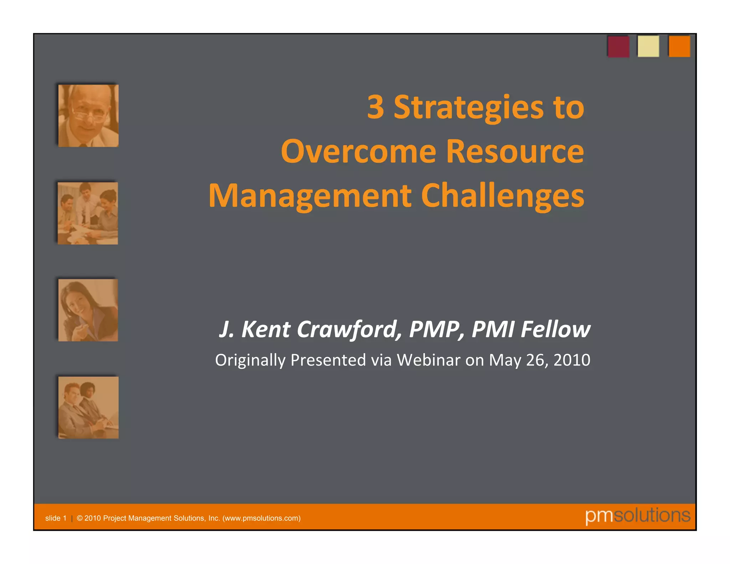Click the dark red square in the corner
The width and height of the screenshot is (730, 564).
click(618, 46)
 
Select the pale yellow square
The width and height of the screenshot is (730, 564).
click(648, 46)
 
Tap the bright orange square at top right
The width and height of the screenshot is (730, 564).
click(679, 46)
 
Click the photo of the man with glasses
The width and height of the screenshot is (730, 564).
click(88, 116)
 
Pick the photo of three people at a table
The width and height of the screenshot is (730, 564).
click(88, 213)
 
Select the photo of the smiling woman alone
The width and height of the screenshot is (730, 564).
click(88, 310)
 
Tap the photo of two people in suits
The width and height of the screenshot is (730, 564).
click(88, 407)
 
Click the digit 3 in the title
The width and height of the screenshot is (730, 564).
click(376, 107)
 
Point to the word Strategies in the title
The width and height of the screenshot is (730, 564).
click(468, 108)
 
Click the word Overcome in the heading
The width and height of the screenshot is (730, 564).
click(359, 152)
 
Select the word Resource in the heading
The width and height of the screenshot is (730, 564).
click(515, 152)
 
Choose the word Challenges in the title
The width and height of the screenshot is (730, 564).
click(503, 196)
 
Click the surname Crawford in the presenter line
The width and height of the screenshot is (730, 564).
click(347, 329)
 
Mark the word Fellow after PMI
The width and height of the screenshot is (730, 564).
click(555, 329)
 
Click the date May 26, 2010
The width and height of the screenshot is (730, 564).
click(539, 360)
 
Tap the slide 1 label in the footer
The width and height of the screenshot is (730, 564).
click(56, 518)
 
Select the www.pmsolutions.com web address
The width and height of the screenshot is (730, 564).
click(261, 518)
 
